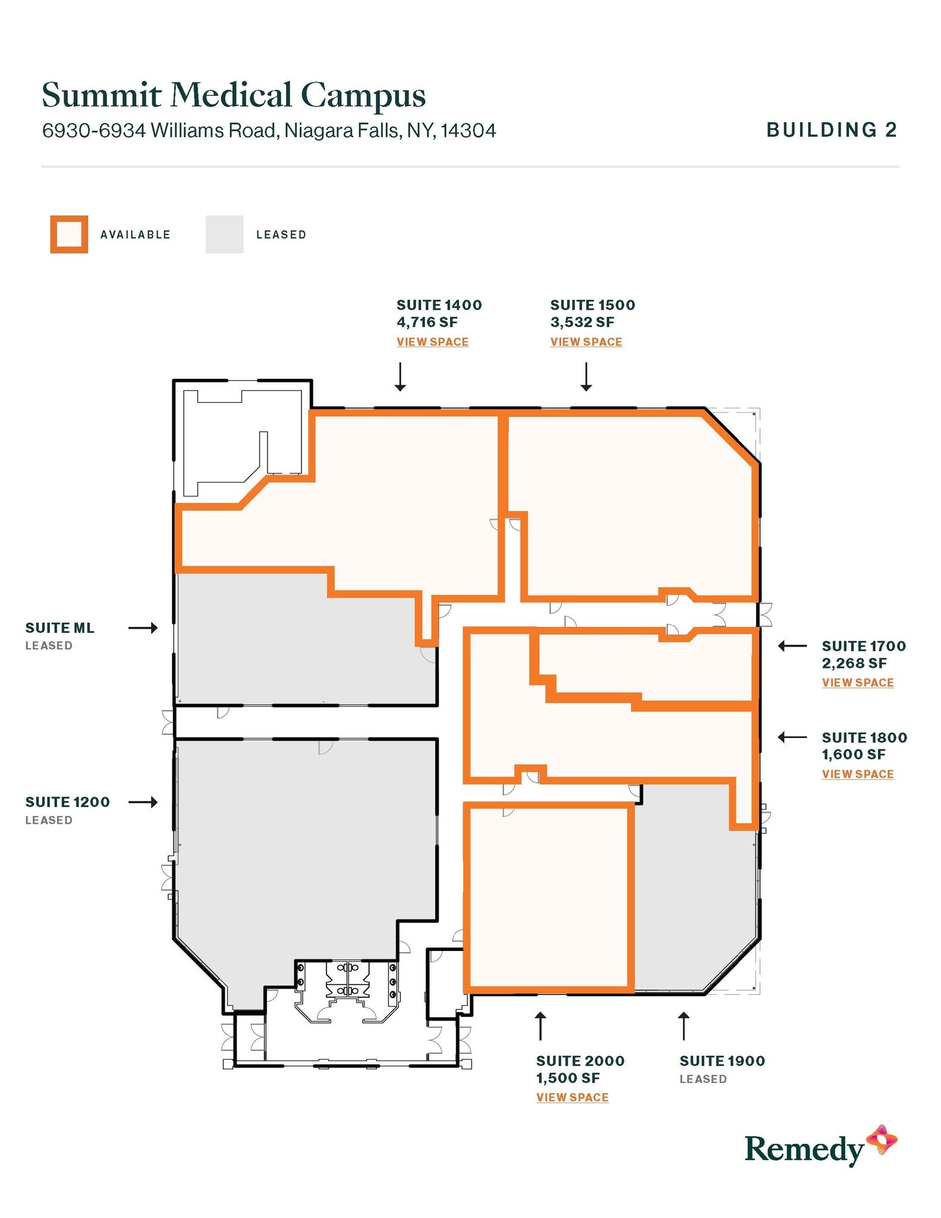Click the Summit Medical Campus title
234,95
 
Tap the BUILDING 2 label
831,130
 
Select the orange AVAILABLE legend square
69,234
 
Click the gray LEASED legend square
224,234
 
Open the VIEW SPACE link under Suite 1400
432,342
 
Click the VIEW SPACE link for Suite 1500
586,342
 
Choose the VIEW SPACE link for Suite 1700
857,683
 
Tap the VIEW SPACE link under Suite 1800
857,774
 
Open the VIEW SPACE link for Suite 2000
572,1097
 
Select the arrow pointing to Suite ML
143,627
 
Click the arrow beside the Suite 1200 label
143,802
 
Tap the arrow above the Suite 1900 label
684,1026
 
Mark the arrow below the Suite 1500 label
586,376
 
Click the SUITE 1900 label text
722,1061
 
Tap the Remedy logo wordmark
804,1148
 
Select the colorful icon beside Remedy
882,1139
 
